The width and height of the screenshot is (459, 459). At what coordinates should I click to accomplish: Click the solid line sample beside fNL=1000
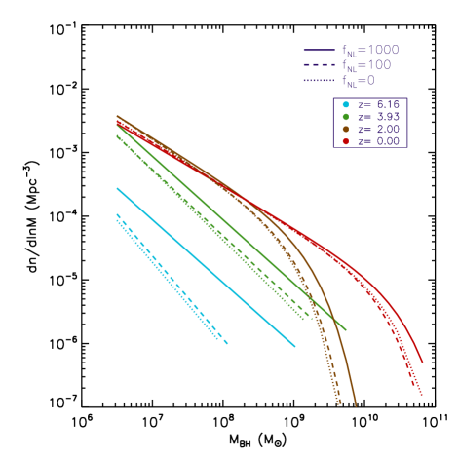(320, 50)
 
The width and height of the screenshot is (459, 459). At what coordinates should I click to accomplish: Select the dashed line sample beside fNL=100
(320, 65)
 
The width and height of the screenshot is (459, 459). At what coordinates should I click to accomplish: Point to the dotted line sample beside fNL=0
(320, 81)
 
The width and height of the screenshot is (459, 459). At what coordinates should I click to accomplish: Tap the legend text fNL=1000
(370, 51)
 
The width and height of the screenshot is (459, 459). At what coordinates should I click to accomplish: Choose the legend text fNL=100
(366, 66)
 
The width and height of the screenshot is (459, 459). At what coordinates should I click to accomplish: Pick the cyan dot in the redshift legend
(346, 104)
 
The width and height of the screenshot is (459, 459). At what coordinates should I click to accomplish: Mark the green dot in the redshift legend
(346, 116)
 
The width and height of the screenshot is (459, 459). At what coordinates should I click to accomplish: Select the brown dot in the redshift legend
(346, 129)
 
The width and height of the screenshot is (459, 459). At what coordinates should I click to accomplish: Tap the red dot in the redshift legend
(346, 141)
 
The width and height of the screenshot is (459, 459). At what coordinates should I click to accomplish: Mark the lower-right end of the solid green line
(346, 329)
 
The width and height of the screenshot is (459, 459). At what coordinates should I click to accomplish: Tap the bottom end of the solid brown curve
(356, 405)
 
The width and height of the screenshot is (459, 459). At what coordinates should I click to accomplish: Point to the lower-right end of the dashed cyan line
(227, 343)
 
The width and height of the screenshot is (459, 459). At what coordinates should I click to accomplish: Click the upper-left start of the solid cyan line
(117, 188)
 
